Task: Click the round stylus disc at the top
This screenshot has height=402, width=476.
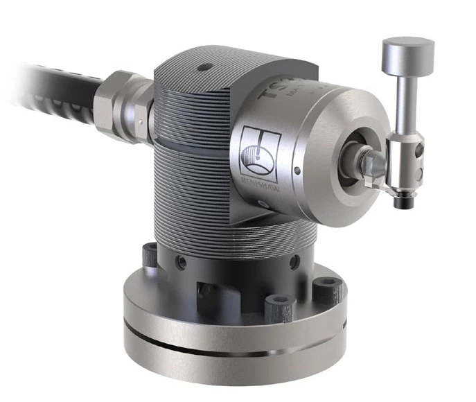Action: pyautogui.click(x=408, y=51)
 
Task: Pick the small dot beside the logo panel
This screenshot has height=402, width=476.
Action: pyautogui.click(x=296, y=169)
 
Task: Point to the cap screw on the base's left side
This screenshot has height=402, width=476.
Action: pyautogui.click(x=152, y=255)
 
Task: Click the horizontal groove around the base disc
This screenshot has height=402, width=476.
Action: pyautogui.click(x=229, y=349)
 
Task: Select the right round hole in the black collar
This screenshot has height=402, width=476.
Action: pyautogui.click(x=294, y=262)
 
